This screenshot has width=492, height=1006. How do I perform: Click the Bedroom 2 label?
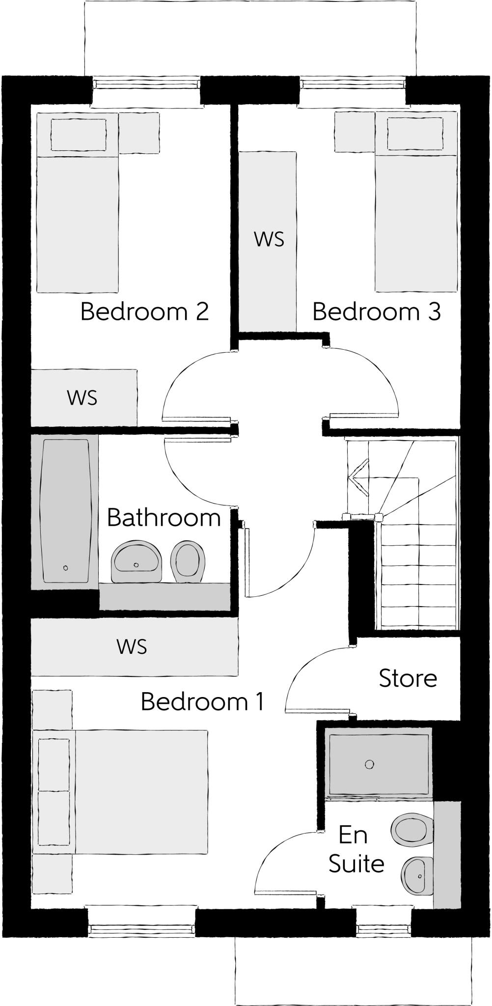coord(144,311)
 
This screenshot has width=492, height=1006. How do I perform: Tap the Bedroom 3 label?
coord(377,311)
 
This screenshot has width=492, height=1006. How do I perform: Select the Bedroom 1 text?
coord(202,701)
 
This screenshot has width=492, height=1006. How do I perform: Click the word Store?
coord(408,678)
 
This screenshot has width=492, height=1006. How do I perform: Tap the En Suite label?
coord(355,849)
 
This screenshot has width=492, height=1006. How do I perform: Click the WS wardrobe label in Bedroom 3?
coord(269,239)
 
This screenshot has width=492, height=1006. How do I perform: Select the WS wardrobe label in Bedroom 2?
coord(82,397)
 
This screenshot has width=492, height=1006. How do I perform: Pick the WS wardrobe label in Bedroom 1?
coord(132,646)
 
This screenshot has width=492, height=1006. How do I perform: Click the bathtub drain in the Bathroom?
coord(65,568)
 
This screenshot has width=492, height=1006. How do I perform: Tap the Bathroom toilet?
coord(187,561)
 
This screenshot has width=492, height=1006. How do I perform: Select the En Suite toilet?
coord(412,829)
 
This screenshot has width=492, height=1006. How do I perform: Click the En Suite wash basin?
coord(417,876)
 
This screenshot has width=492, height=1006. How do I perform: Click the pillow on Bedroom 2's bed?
coord(79,135)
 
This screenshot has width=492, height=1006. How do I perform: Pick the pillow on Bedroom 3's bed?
coord(414,134)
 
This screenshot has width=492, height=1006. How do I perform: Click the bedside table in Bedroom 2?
coord(139,133)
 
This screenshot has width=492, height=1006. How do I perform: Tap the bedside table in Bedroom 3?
coord(355,132)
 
